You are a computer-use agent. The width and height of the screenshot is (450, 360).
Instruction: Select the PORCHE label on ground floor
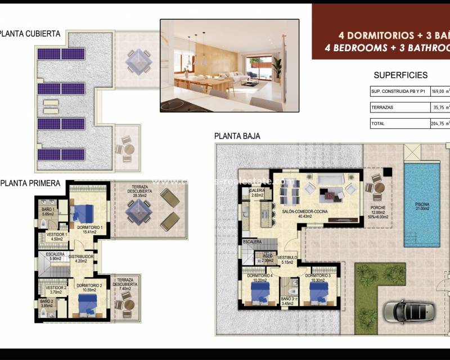(x=377, y=211)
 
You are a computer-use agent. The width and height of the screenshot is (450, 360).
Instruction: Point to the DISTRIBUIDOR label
(x=81, y=258)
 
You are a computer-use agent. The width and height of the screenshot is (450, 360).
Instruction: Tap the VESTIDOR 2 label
(x=56, y=290)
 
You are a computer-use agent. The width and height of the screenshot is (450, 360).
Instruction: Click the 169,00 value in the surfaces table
(x=440, y=91)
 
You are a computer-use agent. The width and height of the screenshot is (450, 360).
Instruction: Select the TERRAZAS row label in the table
(x=382, y=107)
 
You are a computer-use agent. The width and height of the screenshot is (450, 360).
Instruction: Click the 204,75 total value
(x=440, y=123)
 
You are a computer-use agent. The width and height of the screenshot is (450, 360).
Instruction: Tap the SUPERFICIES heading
(x=400, y=75)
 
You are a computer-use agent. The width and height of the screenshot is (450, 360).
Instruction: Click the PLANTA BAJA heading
(x=237, y=136)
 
